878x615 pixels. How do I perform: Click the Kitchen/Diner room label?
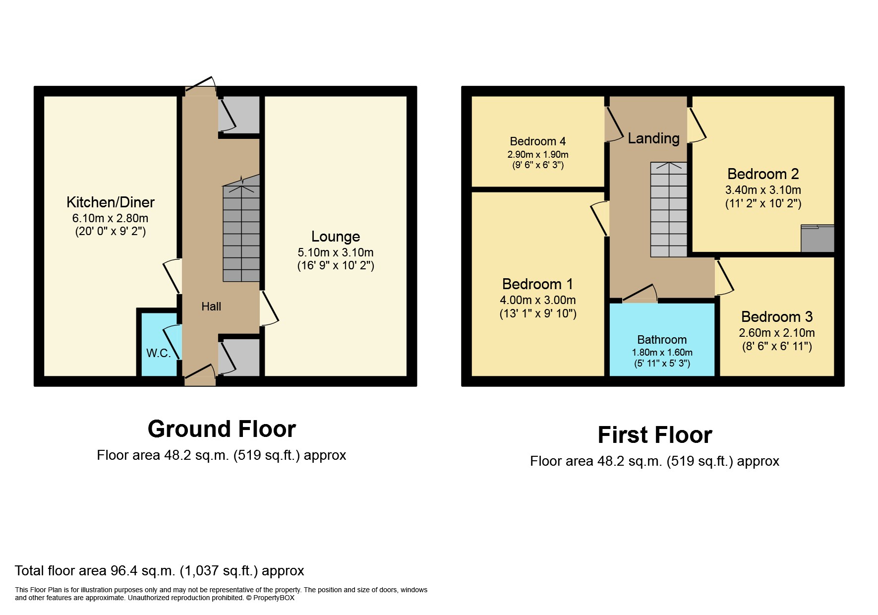click(x=110, y=202)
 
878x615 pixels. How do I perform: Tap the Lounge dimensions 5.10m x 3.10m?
click(x=336, y=252)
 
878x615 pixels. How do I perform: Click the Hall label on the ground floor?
click(x=211, y=307)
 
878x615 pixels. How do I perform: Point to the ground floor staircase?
click(x=241, y=233)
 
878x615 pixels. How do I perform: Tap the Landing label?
click(x=653, y=138)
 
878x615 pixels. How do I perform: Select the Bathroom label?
click(x=662, y=340)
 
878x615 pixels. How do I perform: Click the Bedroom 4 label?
click(x=537, y=141)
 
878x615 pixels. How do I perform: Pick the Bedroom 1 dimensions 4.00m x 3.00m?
click(x=537, y=300)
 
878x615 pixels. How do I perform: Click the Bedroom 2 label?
click(x=762, y=174)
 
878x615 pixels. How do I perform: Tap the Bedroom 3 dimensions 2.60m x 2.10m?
click(x=776, y=333)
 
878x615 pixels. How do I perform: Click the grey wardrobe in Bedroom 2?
click(x=818, y=239)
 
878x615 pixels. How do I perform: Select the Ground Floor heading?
click(x=222, y=429)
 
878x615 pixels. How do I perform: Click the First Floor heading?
click(x=654, y=435)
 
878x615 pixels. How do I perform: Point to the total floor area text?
click(x=159, y=571)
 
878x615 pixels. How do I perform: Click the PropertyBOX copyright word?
click(x=274, y=598)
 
